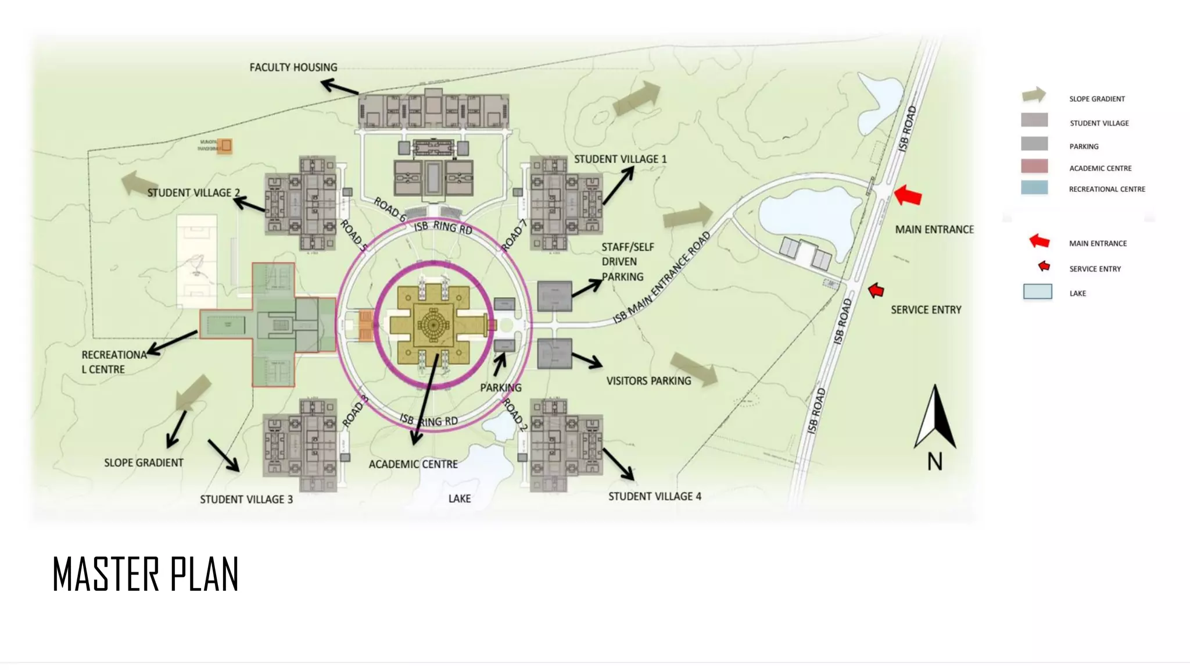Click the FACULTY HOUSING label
[x=293, y=67]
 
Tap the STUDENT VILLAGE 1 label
[x=620, y=159]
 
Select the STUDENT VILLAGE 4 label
[x=654, y=497]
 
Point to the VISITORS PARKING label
[x=648, y=381]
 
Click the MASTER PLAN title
[x=145, y=575]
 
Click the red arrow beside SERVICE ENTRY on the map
[x=876, y=290]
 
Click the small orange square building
[x=224, y=145]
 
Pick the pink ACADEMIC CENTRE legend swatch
[x=1034, y=167]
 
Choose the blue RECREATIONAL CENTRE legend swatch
[x=1034, y=188]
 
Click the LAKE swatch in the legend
[x=1037, y=292]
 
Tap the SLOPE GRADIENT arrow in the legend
[x=1034, y=95]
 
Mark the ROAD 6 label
[x=389, y=209]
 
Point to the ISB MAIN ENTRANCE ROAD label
[x=662, y=277]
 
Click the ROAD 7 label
[x=514, y=236]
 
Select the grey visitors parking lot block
[x=554, y=354]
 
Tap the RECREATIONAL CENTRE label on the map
[x=114, y=362]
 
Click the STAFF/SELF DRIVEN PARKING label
[x=627, y=262]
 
